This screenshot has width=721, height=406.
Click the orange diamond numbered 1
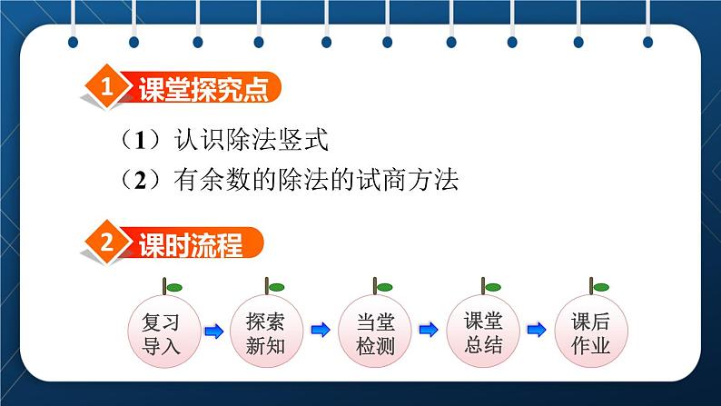point(107,88)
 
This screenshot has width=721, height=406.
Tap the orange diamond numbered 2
point(107,244)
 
